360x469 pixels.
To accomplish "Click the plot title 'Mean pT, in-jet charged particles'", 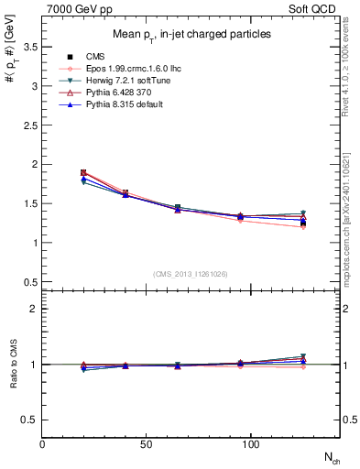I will pos(191,34).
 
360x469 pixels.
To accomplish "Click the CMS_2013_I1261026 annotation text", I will pos(191,274).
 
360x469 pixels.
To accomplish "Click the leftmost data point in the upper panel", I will pos(84,172).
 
